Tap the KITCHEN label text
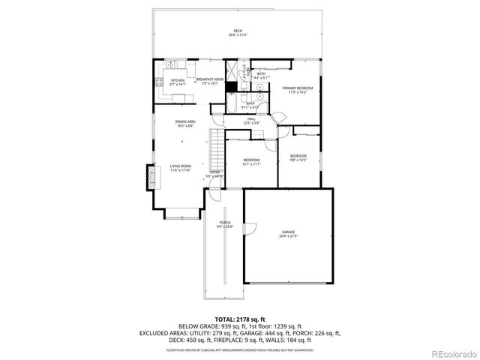pyautogui.click(x=178, y=82)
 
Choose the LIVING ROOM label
pyautogui.click(x=180, y=167)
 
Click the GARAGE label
pyautogui.click(x=289, y=234)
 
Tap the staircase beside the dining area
pyautogui.click(x=217, y=148)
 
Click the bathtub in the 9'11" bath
pyautogui.click(x=231, y=103)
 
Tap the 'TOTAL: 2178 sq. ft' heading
pyautogui.click(x=239, y=318)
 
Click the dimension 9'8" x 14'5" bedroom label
pyautogui.click(x=298, y=157)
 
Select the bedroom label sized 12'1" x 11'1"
pyautogui.click(x=250, y=162)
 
